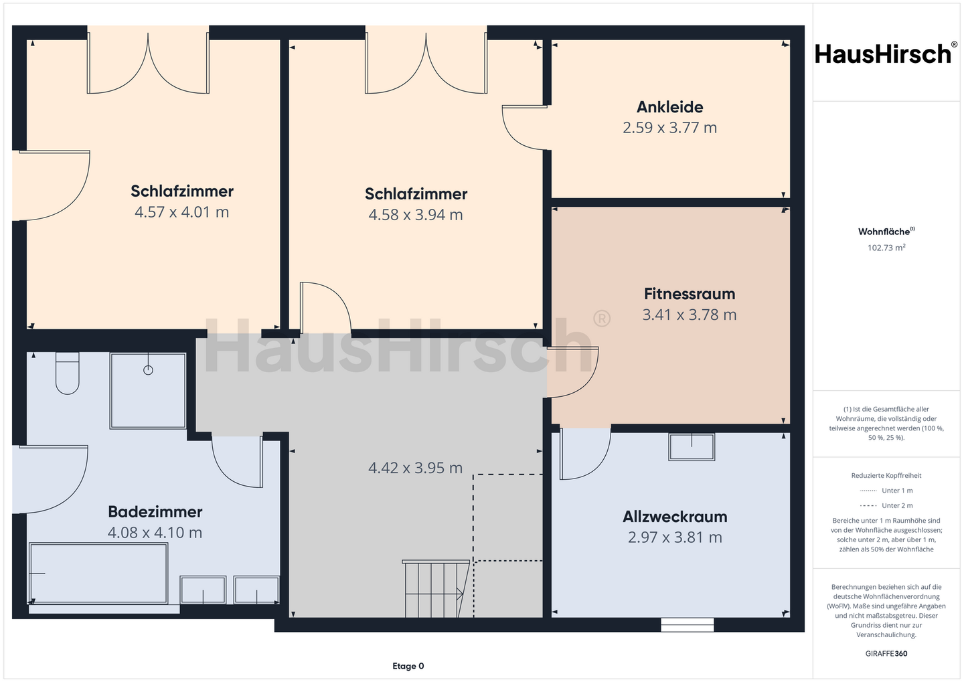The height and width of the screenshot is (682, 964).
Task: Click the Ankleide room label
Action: point(669,107)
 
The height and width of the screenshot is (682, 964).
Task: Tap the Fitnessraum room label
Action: point(690,294)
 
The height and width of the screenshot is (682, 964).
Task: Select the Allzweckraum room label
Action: point(675,517)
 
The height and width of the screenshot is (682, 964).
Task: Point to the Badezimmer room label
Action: point(155,512)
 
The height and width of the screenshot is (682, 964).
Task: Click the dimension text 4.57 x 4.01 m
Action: point(181,212)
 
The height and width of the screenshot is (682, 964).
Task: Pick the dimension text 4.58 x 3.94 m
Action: point(416,215)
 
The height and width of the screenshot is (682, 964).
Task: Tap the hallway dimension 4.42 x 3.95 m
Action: point(415,468)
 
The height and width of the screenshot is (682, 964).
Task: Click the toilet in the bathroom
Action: point(67,373)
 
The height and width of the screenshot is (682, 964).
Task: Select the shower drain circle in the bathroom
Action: point(148,370)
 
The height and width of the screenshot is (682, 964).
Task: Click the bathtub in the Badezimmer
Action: point(98,574)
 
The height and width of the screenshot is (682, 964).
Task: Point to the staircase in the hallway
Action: point(436,588)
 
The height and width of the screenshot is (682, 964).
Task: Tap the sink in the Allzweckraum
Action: point(691,447)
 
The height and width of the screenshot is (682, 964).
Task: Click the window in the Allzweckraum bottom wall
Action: point(688,624)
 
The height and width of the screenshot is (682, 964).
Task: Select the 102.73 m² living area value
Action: point(886,248)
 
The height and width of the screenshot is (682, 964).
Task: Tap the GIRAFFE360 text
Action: point(886,654)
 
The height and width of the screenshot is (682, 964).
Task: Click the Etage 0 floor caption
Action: point(408,666)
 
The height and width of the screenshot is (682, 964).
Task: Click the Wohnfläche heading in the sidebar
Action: point(886,232)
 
